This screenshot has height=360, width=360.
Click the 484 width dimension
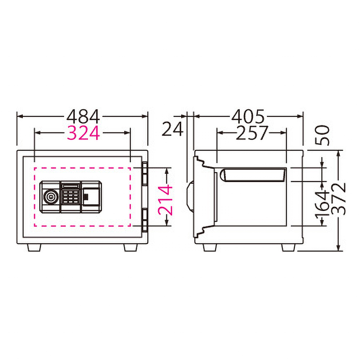[83, 116]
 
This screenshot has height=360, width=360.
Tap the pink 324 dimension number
[83, 133]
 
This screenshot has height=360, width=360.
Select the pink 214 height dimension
[165, 200]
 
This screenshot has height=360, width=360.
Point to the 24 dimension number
[172, 129]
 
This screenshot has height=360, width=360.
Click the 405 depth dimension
[248, 116]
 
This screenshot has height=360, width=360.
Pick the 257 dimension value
[252, 133]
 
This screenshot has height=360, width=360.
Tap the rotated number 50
[322, 135]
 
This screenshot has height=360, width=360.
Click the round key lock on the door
[51, 197]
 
